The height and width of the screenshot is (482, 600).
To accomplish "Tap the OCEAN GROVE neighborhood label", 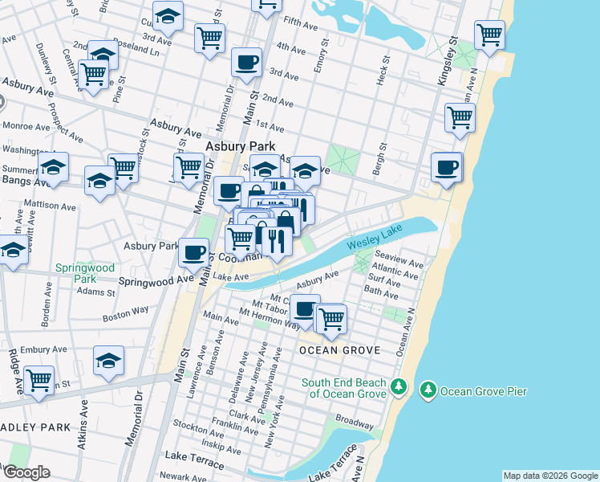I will tap(335, 351).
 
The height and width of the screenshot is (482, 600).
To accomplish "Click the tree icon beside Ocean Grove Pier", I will tap(428, 390).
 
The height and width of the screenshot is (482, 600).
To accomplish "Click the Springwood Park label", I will tap(84, 273).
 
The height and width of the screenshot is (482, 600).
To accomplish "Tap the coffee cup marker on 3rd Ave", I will tap(246, 62).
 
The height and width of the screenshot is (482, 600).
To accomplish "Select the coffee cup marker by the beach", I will tap(447, 166).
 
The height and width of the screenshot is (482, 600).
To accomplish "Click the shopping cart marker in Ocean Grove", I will tap(330, 318).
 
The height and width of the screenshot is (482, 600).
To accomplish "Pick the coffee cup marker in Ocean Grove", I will tap(304, 308).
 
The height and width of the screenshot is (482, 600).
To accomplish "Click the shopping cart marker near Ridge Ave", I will tap(39, 380).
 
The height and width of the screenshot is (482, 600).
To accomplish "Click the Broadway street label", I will tap(354, 420).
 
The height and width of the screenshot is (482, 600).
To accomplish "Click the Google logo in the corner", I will tap(26, 472).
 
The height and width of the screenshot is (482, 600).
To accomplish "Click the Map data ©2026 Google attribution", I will tap(549, 476).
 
